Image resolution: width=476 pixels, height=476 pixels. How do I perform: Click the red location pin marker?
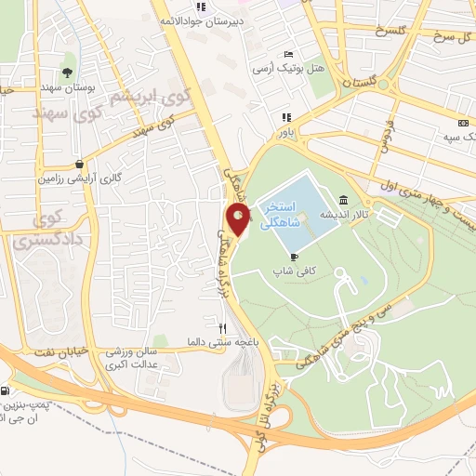coord(239,221)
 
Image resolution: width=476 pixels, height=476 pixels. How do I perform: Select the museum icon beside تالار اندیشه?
coord(344,200)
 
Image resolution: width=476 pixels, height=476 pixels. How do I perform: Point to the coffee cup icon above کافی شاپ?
coord(295,257)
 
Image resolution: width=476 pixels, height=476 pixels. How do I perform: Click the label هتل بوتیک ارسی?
coord(285,68)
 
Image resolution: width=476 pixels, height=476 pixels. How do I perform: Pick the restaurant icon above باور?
coord(286,117)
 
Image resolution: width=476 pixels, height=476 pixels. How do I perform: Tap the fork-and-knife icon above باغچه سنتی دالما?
coord(221,328)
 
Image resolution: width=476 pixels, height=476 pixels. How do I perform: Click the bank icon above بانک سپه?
coord(463,124)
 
